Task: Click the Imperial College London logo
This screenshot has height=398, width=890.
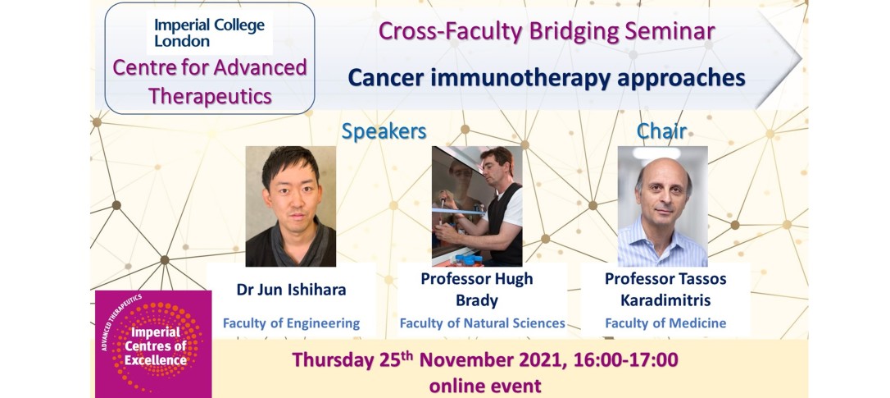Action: [x=210, y=32]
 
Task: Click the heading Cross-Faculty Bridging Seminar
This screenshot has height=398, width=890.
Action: [x=547, y=31]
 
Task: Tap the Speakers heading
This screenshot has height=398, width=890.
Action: [x=384, y=131]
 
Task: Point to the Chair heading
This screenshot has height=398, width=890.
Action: [x=662, y=131]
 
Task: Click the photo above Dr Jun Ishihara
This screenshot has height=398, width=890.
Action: [x=291, y=207]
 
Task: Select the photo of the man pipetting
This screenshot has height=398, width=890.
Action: [x=477, y=207]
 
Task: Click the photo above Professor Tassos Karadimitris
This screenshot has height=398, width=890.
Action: [x=663, y=207]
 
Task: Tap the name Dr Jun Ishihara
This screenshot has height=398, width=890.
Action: [x=291, y=290]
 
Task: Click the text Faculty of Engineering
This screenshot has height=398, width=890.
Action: [x=291, y=323]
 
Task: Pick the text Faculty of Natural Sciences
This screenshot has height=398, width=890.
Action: [x=483, y=323]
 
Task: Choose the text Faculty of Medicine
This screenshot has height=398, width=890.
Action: [x=665, y=323]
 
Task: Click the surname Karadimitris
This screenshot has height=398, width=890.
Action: [x=665, y=300]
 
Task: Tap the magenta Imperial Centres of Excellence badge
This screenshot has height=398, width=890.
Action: [x=153, y=344]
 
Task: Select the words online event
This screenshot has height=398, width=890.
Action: [x=485, y=386]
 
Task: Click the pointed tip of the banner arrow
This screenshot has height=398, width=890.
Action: [x=801, y=58]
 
